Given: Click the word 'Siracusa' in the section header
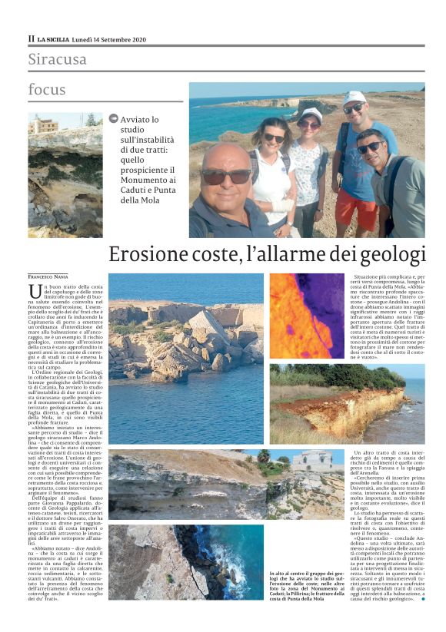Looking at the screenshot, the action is [x=57, y=59].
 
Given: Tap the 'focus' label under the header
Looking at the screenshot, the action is [x=47, y=90].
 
